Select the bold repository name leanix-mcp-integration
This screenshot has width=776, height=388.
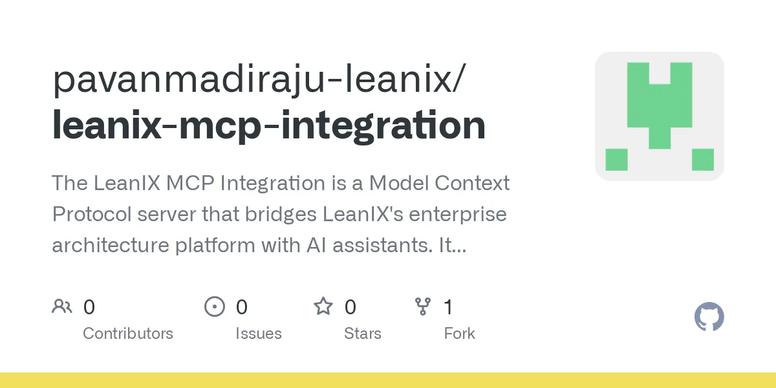[268, 125]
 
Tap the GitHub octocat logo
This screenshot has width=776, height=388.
[709, 317]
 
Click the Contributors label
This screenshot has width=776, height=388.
[128, 334]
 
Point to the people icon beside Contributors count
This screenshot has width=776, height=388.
[62, 307]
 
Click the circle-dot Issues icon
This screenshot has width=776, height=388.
[214, 307]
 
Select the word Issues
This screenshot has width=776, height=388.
[259, 334]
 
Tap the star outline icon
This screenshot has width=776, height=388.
[323, 306]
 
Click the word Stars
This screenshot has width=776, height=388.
[363, 334]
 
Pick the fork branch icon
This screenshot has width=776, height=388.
[423, 307]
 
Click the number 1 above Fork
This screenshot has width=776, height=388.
[448, 307]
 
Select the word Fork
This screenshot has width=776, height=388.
[459, 334]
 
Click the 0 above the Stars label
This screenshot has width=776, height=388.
[350, 307]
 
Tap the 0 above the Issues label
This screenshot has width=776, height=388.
[241, 307]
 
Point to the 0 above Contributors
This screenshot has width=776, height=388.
[89, 307]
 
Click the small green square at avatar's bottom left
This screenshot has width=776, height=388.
[616, 159]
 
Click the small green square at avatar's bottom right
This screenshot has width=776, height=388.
[702, 159]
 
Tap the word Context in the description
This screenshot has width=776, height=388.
[471, 183]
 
